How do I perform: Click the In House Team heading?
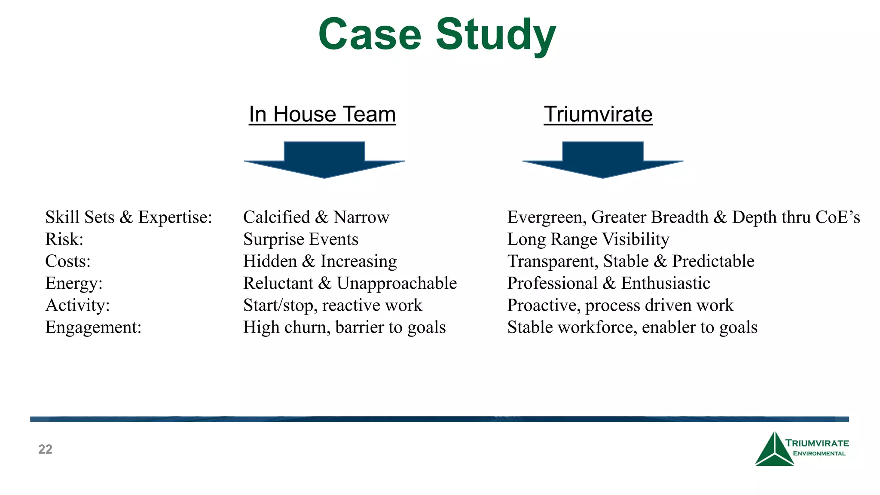point(322,114)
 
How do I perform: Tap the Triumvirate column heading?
point(598,114)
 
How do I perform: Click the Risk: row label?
point(64,239)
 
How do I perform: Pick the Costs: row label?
point(68,261)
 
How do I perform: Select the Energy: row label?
point(74,283)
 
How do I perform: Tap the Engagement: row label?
point(93,327)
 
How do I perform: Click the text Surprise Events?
point(300,239)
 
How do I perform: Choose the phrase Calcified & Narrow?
point(316,217)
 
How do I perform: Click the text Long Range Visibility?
point(588,239)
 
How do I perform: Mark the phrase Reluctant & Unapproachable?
point(350,283)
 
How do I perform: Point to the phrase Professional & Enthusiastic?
point(608,283)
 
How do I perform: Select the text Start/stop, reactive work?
point(333,306)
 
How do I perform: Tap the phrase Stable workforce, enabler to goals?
point(632,327)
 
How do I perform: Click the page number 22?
point(45,449)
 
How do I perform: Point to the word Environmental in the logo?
point(819,453)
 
